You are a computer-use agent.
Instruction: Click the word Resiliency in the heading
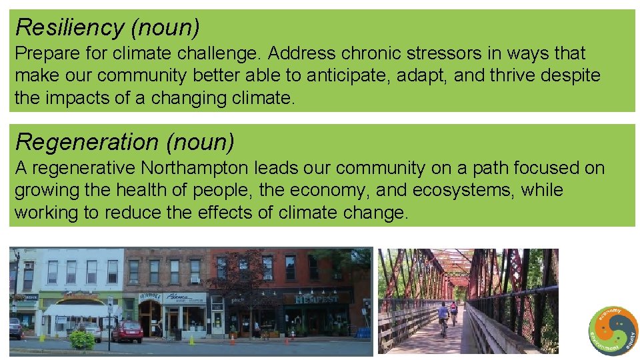pyautogui.click(x=69, y=27)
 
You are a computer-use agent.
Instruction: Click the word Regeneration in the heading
pyautogui.click(x=86, y=142)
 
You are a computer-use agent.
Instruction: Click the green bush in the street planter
pyautogui.click(x=82, y=340)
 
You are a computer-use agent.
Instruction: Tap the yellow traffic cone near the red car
pyautogui.click(x=191, y=340)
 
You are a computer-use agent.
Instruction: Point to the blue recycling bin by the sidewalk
pyautogui.click(x=363, y=331)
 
